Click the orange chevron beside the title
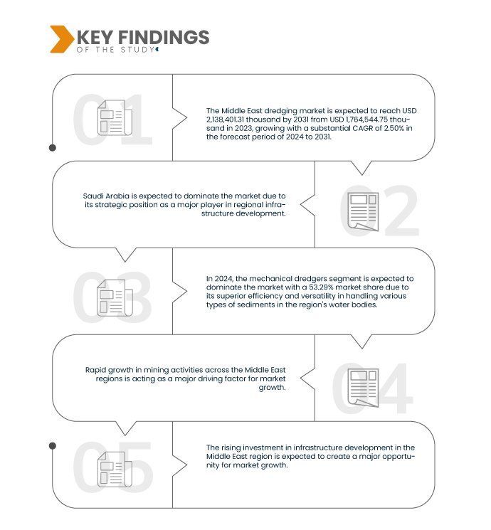click(x=62, y=39)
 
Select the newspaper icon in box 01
click(x=115, y=117)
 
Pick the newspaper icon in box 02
click(x=363, y=211)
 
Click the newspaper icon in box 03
click(x=115, y=298)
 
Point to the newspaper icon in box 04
click(x=363, y=388)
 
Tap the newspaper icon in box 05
click(x=115, y=470)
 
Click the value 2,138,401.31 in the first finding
click(x=226, y=120)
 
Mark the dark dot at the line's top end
click(x=53, y=148)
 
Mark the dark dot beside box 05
click(x=53, y=446)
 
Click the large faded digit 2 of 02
click(x=401, y=211)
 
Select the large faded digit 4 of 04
click(x=394, y=388)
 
